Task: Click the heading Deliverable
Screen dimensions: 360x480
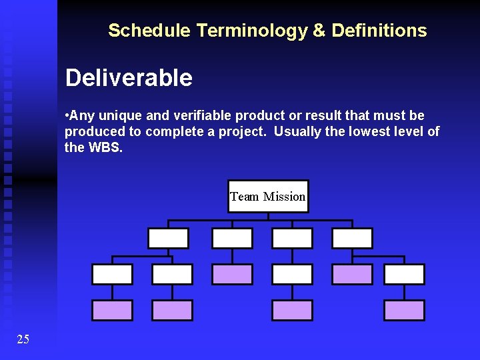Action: click(129, 78)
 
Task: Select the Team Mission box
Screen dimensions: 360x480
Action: click(268, 196)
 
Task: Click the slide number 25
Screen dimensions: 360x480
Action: click(23, 339)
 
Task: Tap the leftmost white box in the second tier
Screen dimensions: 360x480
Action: click(168, 238)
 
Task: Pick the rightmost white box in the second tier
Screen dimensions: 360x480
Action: click(352, 238)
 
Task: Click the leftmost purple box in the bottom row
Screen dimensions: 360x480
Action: click(112, 310)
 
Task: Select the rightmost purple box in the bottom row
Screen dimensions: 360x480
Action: click(404, 310)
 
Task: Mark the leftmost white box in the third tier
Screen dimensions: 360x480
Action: click(112, 274)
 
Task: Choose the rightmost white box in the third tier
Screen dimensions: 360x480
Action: click(404, 274)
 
